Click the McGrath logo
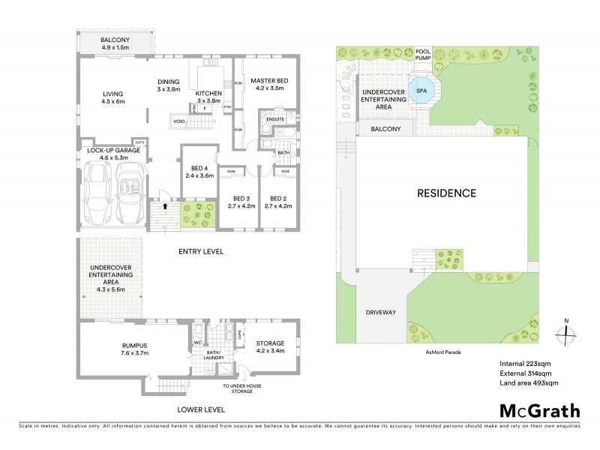pos(539,410)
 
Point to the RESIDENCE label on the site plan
pos(446,193)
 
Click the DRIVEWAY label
pos(380,312)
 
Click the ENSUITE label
pos(274,118)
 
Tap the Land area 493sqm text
pos(529,382)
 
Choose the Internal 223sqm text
pos(525,364)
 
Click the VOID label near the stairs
pos(178,120)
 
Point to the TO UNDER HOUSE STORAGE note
pos(242,388)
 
